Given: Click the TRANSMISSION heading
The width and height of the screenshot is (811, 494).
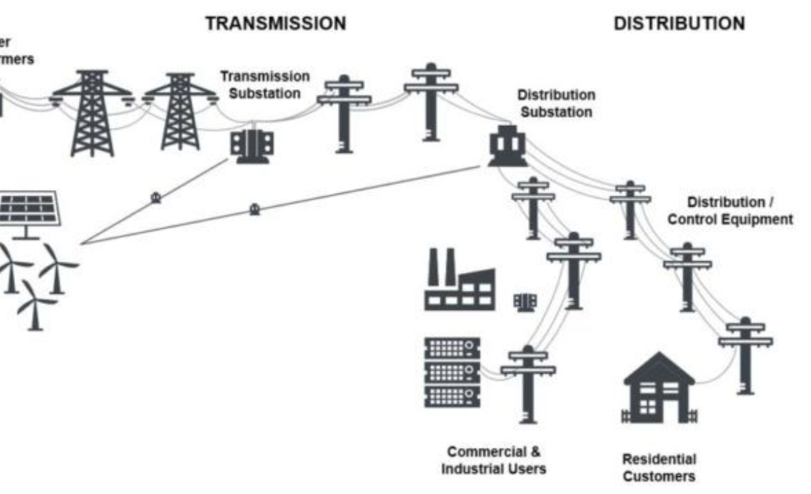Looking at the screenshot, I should click(275, 23).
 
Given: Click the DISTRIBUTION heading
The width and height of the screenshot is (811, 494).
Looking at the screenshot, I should click(679, 24).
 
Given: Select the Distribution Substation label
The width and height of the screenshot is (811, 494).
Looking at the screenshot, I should click(556, 104).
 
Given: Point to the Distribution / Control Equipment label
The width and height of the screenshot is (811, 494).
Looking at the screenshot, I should click(739, 210).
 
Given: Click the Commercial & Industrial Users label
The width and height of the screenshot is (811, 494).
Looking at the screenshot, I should click(493, 459).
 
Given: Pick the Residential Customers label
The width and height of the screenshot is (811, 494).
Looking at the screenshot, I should click(658, 468).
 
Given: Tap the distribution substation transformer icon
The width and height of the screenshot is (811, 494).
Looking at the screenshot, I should click(507, 145).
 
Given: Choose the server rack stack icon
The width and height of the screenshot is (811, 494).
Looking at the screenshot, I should click(452, 372).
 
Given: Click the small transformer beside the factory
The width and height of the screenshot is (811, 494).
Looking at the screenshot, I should click(524, 302).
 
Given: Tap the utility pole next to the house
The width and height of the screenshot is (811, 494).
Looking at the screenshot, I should click(745, 355).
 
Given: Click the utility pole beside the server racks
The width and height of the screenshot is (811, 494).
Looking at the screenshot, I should click(529, 382).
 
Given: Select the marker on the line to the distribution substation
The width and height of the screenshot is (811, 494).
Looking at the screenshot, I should click(254, 209).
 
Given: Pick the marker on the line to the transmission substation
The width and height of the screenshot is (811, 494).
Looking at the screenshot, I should click(155, 198).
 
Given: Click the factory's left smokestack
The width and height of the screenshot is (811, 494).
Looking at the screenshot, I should click(433, 267).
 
